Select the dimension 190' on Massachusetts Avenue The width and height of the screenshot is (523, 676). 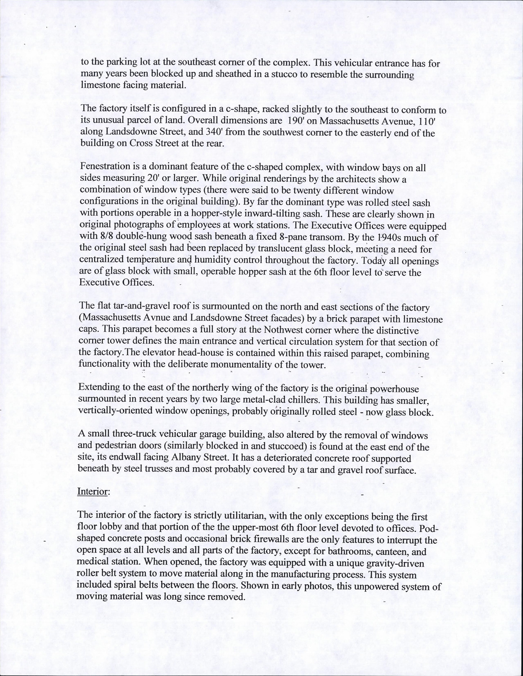click(x=299, y=121)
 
